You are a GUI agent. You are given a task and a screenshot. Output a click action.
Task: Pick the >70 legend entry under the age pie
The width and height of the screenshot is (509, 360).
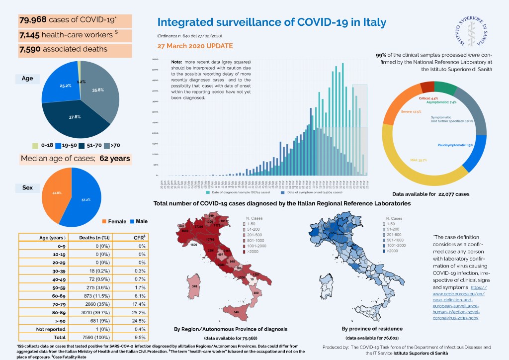pos(115,146)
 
